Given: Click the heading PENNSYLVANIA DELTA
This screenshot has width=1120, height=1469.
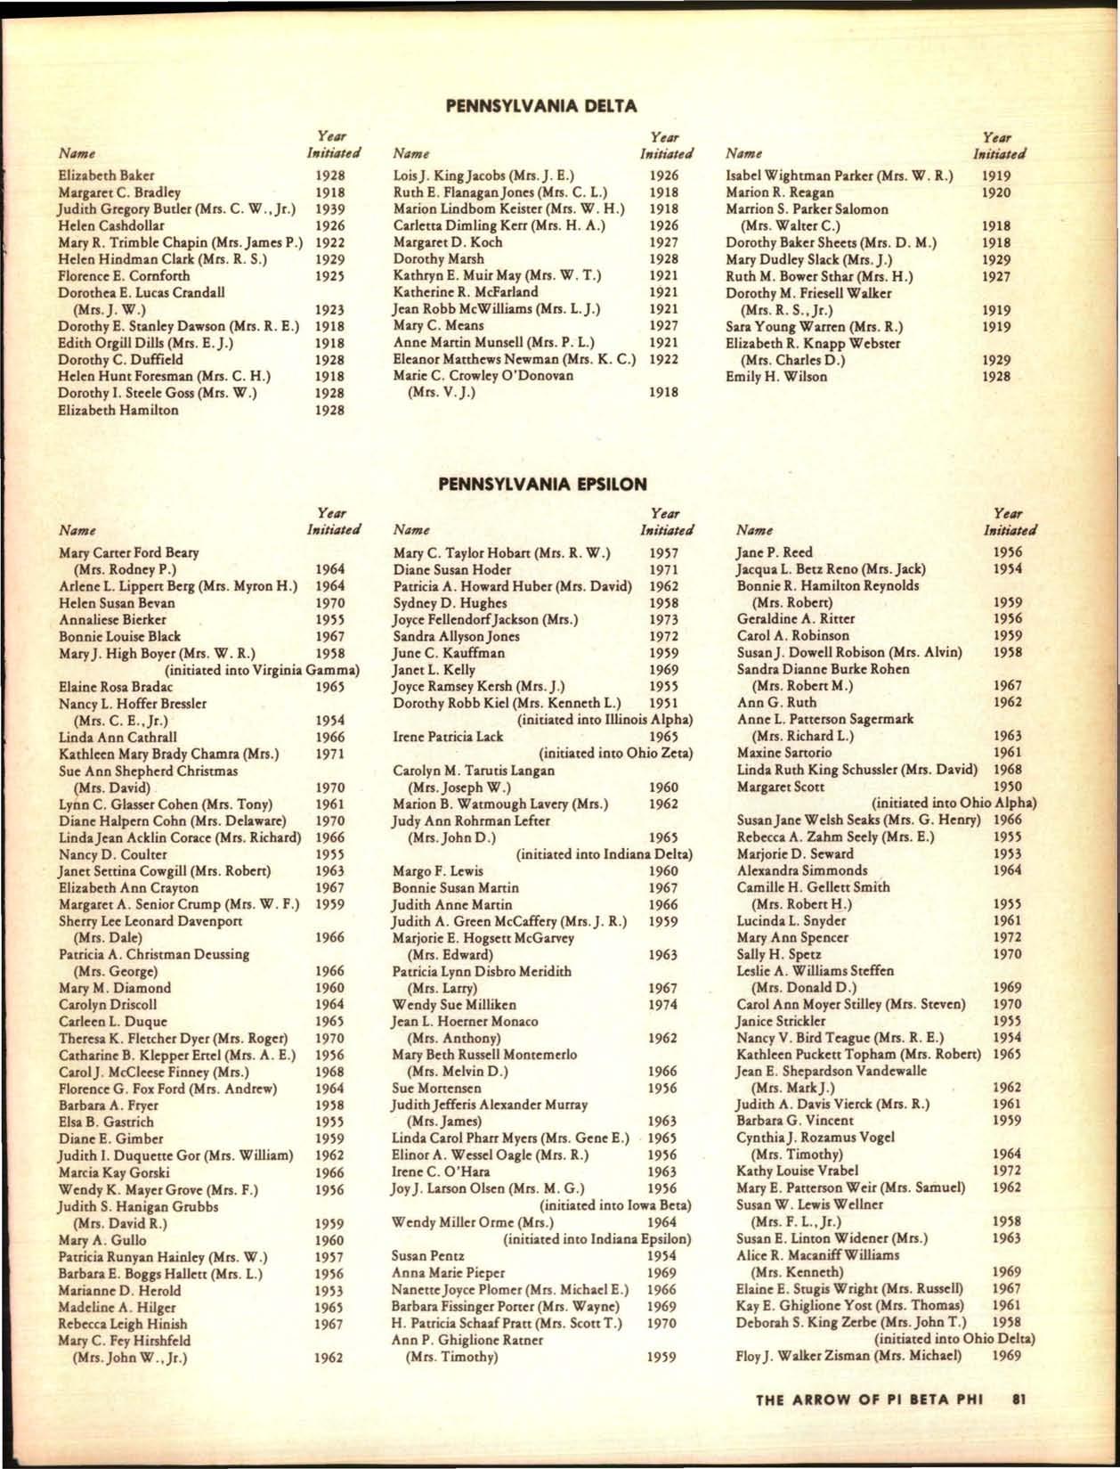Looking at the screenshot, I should tap(540, 106).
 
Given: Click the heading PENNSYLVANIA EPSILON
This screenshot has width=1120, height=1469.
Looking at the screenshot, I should tap(542, 484).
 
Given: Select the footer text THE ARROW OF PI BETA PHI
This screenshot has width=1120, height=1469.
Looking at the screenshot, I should tap(868, 1399).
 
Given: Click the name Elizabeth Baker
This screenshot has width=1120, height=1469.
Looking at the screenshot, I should tap(106, 175).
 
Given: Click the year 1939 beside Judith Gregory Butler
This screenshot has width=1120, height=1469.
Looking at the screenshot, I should tap(330, 209).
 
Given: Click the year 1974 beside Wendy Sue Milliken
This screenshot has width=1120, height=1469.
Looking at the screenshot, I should tap(663, 1004).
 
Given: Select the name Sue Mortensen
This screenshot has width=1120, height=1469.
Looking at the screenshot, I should tap(436, 1088).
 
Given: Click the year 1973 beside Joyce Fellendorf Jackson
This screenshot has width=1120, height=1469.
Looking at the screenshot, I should tap(663, 619).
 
